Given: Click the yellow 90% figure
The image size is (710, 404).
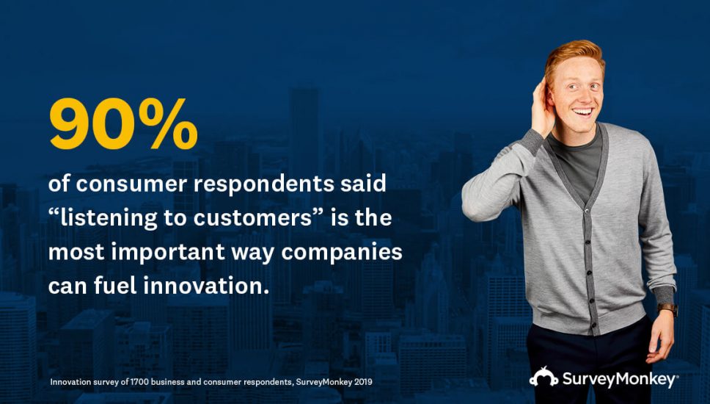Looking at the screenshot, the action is pos(123,123).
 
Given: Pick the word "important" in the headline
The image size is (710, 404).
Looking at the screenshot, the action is pos(168,253).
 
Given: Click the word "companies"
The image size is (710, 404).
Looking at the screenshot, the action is pos(342,253).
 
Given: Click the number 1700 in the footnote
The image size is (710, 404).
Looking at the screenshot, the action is pos(139,382).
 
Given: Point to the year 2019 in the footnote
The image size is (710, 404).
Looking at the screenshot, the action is pos(363,382).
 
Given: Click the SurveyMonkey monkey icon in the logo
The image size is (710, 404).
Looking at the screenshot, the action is pos(544,377).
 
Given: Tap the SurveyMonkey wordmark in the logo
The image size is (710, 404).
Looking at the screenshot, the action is pos(620,379).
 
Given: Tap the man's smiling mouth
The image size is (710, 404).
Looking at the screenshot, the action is pos(583,112).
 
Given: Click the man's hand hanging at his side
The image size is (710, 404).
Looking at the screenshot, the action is pos(660,336).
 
